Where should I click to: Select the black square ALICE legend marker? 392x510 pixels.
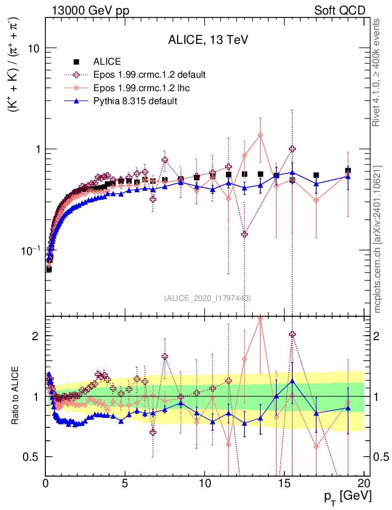tap(77, 62)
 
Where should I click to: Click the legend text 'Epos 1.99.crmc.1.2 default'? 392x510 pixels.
tap(150, 75)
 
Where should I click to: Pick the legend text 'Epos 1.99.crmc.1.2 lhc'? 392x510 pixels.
tap(142, 88)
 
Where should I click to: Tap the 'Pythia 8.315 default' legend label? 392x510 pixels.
tap(135, 101)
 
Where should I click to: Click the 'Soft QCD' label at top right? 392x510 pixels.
tap(340, 10)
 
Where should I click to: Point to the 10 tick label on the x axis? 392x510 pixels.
tap(204, 483)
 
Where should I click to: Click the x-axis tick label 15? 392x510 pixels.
tap(284, 483)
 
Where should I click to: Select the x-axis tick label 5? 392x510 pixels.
tap(125, 483)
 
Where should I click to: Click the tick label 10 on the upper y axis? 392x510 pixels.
tap(34, 48)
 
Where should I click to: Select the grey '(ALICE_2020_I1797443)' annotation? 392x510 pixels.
tap(207, 298)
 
